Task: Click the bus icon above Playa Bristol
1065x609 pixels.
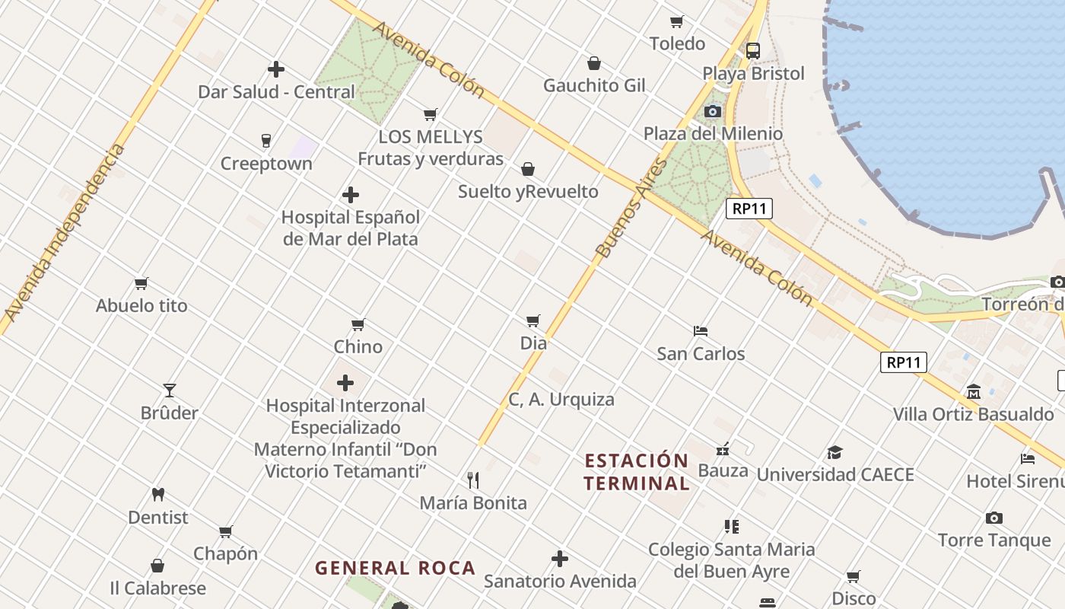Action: point(753,51)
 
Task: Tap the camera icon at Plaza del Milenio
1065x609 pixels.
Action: point(713,112)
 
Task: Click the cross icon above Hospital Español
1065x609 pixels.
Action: point(351,195)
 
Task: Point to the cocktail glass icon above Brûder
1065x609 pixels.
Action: point(170,391)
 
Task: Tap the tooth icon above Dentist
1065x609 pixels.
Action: point(158,494)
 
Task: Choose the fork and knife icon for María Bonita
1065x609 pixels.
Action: point(473,480)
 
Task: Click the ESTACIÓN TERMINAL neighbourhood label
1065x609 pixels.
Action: point(637,472)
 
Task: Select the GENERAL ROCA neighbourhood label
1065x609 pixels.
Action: point(396,568)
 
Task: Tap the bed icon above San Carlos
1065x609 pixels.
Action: point(701,331)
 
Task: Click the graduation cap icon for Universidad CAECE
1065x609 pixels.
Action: point(835,452)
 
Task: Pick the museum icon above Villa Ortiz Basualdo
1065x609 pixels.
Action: point(974,392)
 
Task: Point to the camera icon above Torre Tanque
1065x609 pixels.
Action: point(994,518)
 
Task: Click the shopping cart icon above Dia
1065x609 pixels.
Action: point(533,321)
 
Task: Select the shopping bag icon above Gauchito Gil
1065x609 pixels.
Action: point(594,63)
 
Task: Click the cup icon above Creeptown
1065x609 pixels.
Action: point(266,141)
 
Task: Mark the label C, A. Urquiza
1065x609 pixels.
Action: point(561,400)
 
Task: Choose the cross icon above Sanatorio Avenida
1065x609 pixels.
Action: point(560,560)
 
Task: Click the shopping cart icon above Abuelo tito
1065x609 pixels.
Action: point(141,284)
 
